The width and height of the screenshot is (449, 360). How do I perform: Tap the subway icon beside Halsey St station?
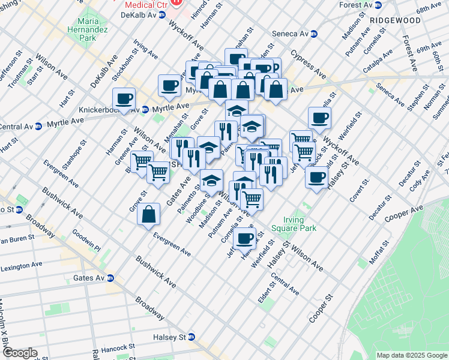tap(191, 337)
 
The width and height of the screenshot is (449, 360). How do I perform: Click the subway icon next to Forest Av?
tap(379, 5)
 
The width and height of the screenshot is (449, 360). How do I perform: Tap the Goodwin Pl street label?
tap(86, 240)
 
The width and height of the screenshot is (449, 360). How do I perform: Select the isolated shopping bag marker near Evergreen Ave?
tap(148, 214)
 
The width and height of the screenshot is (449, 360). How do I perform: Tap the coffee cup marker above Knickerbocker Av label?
tap(124, 98)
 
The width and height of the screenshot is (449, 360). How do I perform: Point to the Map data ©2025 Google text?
tap(411, 355)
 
